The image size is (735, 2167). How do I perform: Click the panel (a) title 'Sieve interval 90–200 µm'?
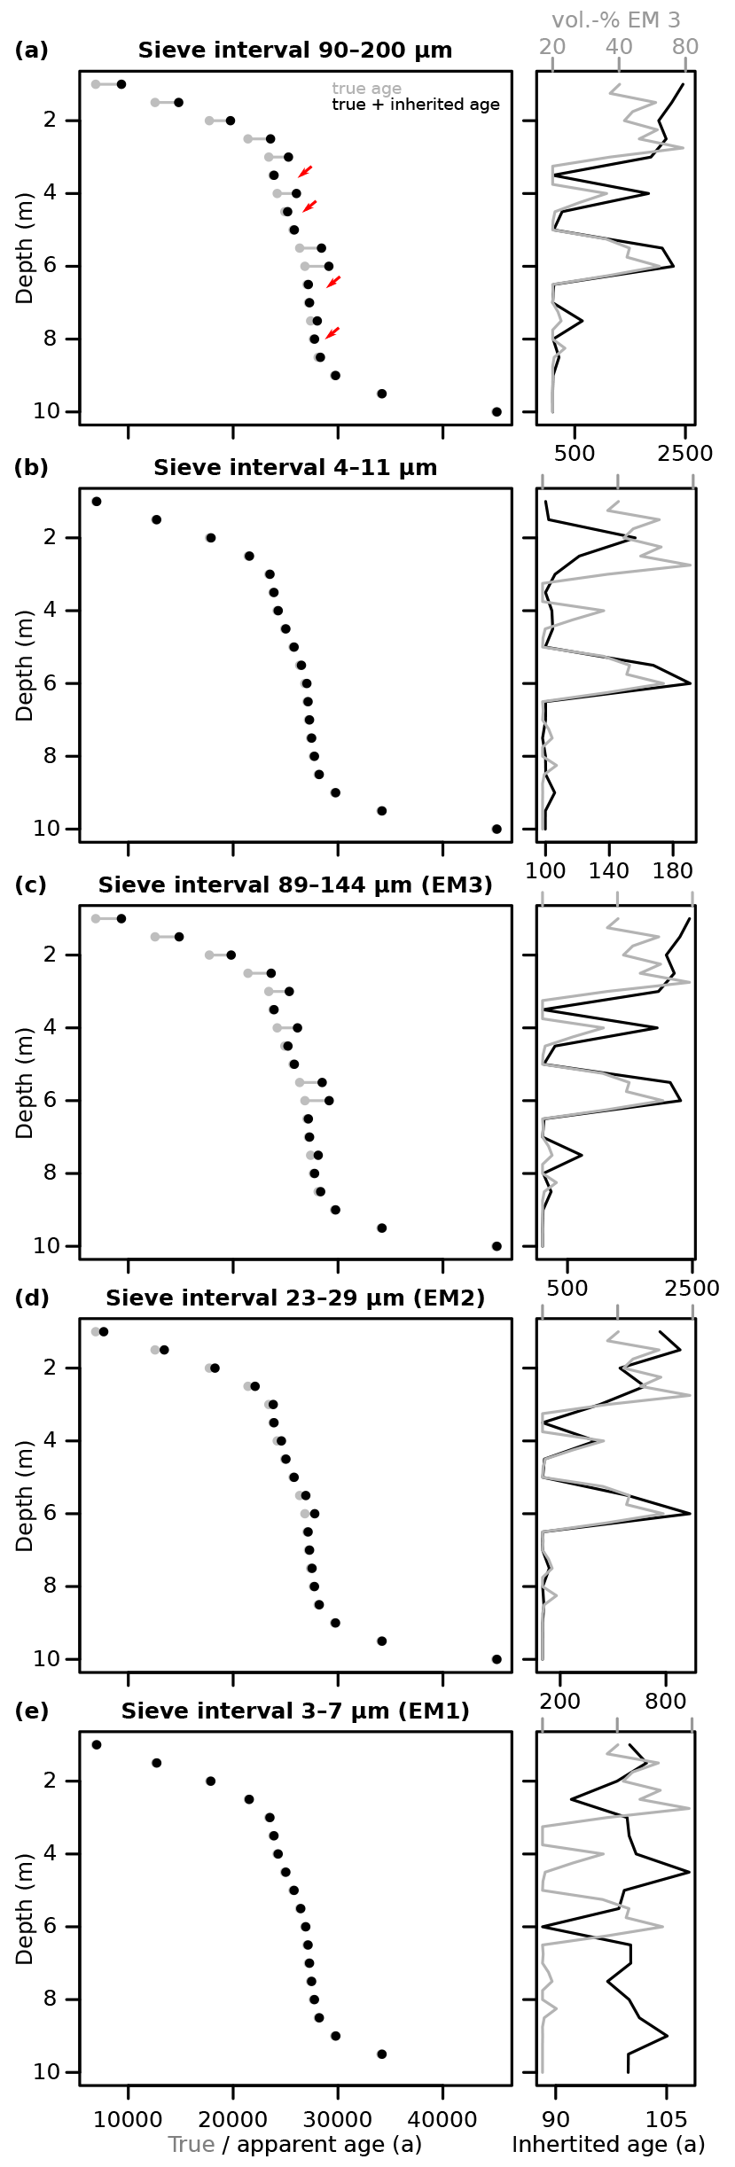pyautogui.click(x=294, y=51)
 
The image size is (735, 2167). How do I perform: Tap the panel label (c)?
pyautogui.click(x=31, y=885)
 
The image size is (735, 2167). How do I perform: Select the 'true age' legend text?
pyautogui.click(x=366, y=89)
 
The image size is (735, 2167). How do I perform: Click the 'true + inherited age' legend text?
pyautogui.click(x=415, y=105)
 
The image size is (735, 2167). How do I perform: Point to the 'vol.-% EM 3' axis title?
pyautogui.click(x=615, y=20)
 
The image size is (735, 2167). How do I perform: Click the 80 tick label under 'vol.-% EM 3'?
pyautogui.click(x=684, y=47)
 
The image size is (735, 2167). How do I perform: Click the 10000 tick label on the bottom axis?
pyautogui.click(x=128, y=2119)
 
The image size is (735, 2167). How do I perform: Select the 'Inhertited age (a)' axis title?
pyautogui.click(x=608, y=2144)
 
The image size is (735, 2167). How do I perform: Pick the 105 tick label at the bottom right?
pyautogui.click(x=666, y=2119)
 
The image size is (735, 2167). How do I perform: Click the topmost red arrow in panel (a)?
pyautogui.click(x=304, y=171)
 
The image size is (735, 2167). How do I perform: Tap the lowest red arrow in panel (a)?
pyautogui.click(x=332, y=333)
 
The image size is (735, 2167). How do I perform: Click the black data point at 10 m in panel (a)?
pyautogui.click(x=497, y=412)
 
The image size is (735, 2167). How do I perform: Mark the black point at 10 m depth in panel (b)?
pyautogui.click(x=497, y=830)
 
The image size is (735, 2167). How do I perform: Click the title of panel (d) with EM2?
pyautogui.click(x=294, y=1298)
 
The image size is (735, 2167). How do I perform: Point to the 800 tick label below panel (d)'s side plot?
pyautogui.click(x=665, y=1701)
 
